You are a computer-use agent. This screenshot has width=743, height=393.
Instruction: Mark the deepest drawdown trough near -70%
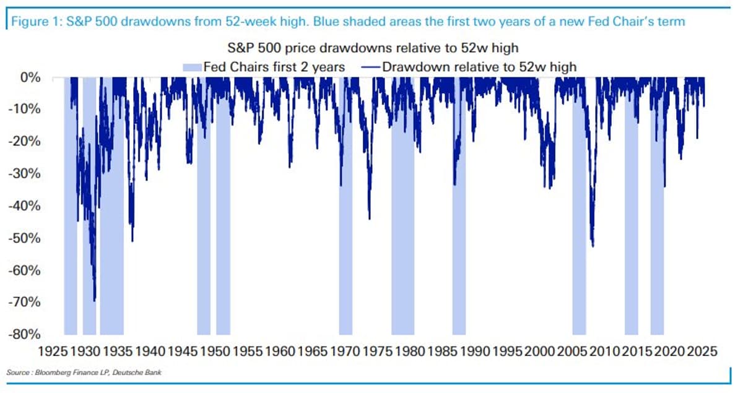coord(94,300)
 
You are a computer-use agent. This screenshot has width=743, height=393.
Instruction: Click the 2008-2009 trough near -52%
coord(593,246)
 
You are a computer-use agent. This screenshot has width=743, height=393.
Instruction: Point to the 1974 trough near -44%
coord(370,218)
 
